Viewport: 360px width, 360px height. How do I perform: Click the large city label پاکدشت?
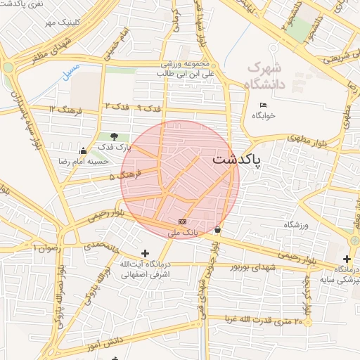[236, 160]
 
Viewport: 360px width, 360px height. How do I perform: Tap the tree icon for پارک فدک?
[115, 136]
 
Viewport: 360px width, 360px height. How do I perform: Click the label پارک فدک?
[115, 147]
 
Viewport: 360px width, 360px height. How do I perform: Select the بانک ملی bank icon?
[183, 221]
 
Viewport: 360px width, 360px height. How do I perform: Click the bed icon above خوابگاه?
[263, 105]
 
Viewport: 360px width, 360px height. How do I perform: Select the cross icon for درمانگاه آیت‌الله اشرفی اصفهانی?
[146, 253]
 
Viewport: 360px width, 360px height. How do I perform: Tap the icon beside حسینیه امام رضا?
[84, 150]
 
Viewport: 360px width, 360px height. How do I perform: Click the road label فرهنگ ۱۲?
[67, 110]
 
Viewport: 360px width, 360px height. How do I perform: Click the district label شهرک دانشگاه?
[264, 76]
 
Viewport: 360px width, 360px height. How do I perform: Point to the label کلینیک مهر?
[60, 23]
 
